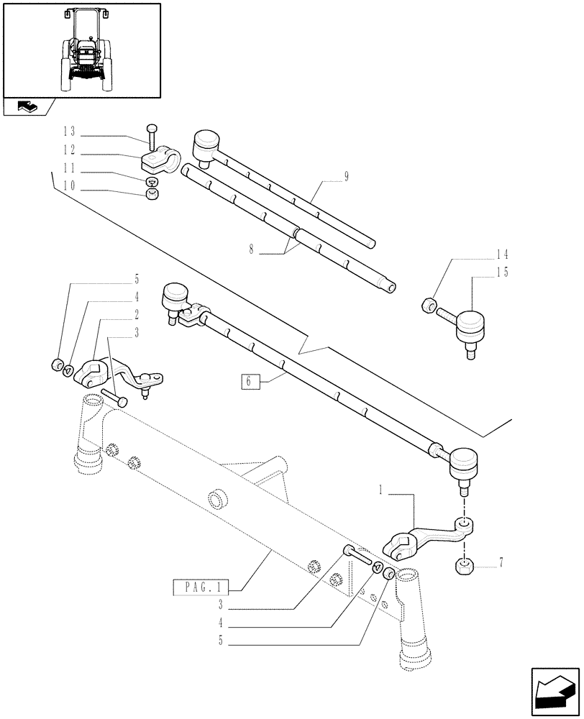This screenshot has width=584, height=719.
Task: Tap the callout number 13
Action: (x=69, y=132)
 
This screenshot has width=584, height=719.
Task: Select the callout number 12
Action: (x=69, y=152)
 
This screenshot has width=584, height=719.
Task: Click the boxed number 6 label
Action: (x=249, y=382)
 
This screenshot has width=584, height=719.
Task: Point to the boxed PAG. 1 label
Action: (x=200, y=588)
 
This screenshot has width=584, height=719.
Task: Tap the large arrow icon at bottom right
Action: (x=555, y=692)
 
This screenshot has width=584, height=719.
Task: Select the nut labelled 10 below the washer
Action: (x=152, y=196)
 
